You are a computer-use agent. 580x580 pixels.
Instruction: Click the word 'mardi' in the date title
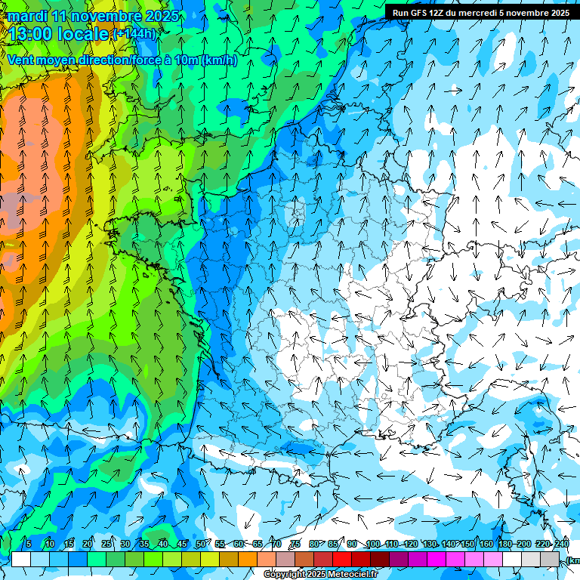tap(27, 16)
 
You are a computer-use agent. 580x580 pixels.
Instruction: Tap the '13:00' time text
tap(32, 34)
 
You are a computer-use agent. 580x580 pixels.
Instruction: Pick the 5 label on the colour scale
tap(29, 544)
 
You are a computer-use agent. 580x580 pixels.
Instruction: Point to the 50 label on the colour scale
tap(201, 544)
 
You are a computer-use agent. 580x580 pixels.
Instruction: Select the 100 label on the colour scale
tap(372, 544)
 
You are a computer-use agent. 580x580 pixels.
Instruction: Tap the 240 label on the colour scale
tap(562, 544)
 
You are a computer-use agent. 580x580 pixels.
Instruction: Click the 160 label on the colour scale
tap(486, 544)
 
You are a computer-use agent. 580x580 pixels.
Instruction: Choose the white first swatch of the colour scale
tap(21, 559)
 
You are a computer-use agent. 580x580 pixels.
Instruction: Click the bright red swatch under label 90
tap(343, 559)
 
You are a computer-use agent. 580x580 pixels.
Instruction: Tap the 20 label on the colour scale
tap(88, 544)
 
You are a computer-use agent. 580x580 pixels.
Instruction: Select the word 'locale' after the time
tap(84, 34)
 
